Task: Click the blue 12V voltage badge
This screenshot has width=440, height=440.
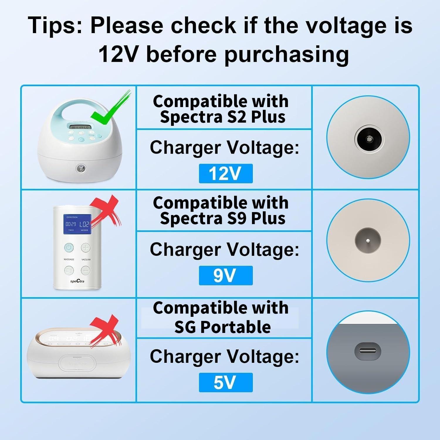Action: (226, 173)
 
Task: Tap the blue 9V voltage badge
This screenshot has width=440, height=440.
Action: (226, 275)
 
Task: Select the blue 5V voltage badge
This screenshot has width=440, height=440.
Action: (226, 382)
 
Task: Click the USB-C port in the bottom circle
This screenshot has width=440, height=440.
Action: (368, 351)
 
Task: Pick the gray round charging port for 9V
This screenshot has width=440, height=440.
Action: (368, 240)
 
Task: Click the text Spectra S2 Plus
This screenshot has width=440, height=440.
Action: (222, 117)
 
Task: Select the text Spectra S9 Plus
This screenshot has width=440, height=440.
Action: (222, 219)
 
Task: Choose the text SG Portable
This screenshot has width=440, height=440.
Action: (222, 327)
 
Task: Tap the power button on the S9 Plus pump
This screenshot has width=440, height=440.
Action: (69, 247)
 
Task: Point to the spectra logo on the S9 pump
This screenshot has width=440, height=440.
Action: (77, 281)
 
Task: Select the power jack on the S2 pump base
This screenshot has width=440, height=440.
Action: (79, 168)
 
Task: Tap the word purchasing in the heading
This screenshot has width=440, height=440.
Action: (286, 54)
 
